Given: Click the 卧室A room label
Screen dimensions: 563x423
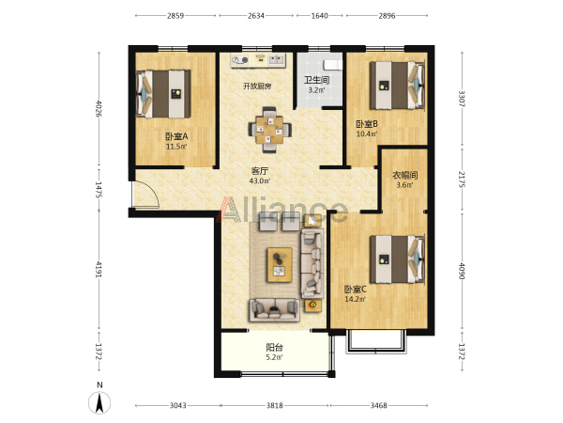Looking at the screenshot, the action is [x=176, y=136].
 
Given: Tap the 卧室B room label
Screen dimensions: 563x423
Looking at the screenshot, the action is [x=367, y=124].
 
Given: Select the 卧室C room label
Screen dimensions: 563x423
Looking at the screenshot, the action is [x=355, y=290].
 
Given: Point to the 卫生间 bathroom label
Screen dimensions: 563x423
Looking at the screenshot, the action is [x=317, y=80].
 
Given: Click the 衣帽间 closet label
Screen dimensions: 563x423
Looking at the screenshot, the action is [x=404, y=176].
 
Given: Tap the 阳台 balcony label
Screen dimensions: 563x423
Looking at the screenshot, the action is [x=274, y=348].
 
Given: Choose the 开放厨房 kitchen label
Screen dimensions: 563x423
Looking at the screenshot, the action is [x=257, y=86].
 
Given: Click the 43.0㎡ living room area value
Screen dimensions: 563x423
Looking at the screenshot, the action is [x=260, y=180].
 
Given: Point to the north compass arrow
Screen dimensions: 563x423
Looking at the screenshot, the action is [x=99, y=403].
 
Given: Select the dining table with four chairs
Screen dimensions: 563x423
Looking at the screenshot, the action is [x=269, y=130].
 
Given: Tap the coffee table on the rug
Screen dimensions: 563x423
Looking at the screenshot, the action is [x=279, y=265].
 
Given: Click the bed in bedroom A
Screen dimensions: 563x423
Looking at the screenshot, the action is [x=163, y=94].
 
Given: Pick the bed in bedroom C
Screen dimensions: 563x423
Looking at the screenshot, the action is [x=398, y=259].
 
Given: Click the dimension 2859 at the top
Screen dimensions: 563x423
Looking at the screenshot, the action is [x=175, y=15].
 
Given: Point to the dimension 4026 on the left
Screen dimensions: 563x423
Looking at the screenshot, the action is [x=99, y=108].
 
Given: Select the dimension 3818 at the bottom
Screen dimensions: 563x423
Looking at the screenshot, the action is [x=275, y=405].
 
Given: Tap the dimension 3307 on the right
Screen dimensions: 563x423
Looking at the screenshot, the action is [x=462, y=98].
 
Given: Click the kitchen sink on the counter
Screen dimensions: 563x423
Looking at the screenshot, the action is [x=276, y=59].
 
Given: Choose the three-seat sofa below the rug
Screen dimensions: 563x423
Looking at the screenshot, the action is [x=275, y=309].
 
